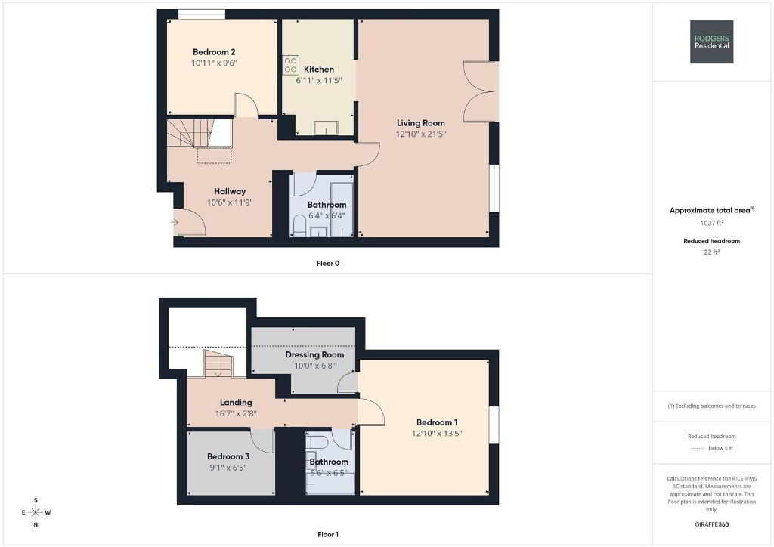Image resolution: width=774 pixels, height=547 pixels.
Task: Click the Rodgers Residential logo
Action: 711,42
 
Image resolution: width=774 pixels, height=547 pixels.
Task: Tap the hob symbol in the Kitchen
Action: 291,65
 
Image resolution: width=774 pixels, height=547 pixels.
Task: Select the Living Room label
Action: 421,123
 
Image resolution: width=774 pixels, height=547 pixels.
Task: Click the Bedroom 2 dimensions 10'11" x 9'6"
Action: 214,63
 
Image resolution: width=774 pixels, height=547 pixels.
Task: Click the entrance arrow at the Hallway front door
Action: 175,222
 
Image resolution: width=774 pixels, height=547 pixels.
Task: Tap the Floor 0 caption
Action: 328,264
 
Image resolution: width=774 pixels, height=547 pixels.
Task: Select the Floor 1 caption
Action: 328,534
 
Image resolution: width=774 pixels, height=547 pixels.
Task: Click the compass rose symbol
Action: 36,512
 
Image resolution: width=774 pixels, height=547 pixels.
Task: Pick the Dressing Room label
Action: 314,354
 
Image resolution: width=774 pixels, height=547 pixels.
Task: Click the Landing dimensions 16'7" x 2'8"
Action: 236,414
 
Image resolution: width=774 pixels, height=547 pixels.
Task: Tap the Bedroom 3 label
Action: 228,457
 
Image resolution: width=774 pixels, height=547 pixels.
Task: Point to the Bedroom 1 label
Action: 437,422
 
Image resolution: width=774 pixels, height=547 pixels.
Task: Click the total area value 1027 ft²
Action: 712,223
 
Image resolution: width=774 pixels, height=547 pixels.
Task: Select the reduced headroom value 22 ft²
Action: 712,252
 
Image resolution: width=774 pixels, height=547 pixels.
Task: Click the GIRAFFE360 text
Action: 712,524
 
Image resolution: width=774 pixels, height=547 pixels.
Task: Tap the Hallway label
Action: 230,191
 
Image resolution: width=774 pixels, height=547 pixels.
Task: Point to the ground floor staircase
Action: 200,133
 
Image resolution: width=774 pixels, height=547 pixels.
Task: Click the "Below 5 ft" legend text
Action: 720,448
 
